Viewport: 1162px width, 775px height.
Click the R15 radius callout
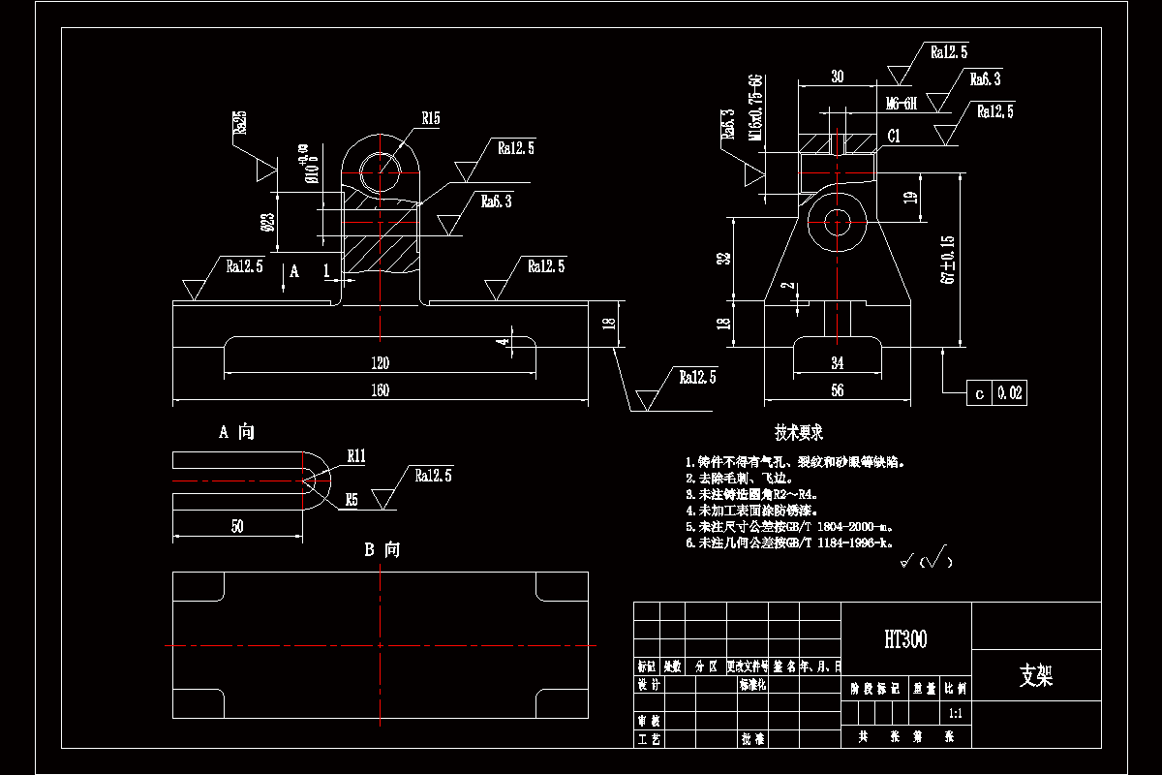pyautogui.click(x=430, y=118)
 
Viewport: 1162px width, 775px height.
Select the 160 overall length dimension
pyautogui.click(x=380, y=390)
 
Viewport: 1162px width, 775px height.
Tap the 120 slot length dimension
pyautogui.click(x=380, y=363)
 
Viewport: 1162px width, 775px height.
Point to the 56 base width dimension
pyautogui.click(x=837, y=390)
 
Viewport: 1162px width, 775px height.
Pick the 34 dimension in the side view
pyautogui.click(x=837, y=363)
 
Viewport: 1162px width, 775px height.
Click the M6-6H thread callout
pyautogui.click(x=901, y=103)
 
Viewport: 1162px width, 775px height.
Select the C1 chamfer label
pyautogui.click(x=894, y=137)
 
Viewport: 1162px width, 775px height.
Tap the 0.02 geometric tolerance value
pyautogui.click(x=1010, y=392)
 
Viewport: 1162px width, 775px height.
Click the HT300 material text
pyautogui.click(x=904, y=639)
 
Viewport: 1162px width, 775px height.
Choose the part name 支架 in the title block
pyautogui.click(x=1035, y=675)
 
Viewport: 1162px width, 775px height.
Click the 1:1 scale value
pyautogui.click(x=955, y=713)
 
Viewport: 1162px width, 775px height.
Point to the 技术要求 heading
pyautogui.click(x=799, y=432)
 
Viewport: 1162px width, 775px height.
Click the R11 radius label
pyautogui.click(x=357, y=454)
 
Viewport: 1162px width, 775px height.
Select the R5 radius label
pyautogui.click(x=352, y=500)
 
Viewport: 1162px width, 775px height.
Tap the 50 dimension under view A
pyautogui.click(x=237, y=526)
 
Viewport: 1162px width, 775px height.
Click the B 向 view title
pyautogui.click(x=382, y=549)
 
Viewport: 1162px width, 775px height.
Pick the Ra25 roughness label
pyautogui.click(x=239, y=123)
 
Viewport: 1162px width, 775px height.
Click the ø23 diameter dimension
pyautogui.click(x=268, y=225)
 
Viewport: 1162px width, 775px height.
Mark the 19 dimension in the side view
pyautogui.click(x=909, y=198)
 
